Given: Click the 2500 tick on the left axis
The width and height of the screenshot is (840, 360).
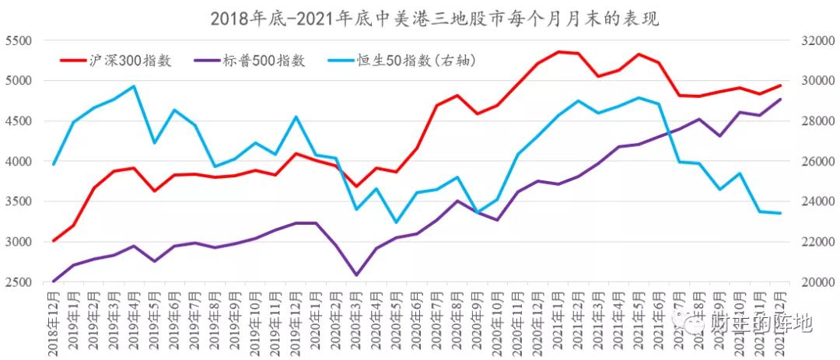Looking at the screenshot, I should tap(18, 282).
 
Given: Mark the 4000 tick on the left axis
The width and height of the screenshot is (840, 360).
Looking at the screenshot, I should tap(18, 162).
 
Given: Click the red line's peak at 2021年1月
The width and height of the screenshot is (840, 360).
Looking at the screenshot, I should tap(558, 52).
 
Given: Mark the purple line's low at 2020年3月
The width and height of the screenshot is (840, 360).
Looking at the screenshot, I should tap(356, 274).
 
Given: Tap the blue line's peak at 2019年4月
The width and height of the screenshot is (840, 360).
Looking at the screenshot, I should tap(134, 86).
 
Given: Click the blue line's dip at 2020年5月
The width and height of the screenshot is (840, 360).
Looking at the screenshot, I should tap(397, 222).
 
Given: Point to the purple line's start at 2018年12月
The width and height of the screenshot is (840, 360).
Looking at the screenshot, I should tap(53, 281).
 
